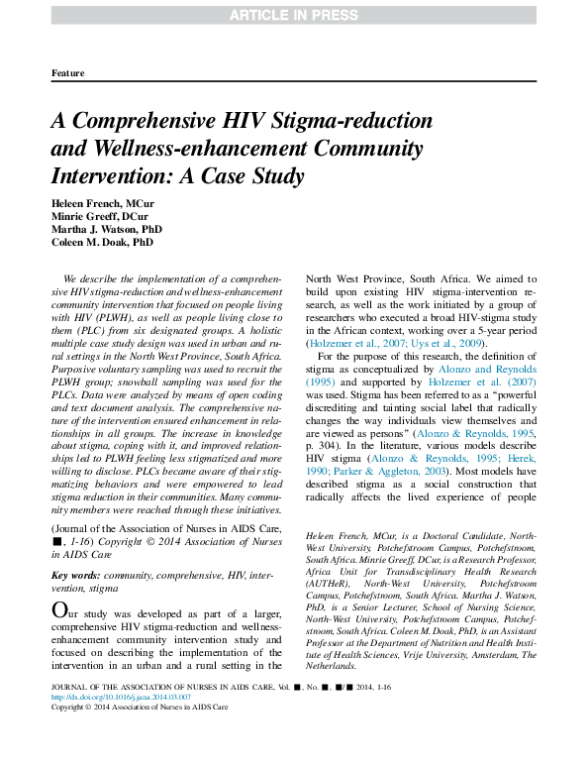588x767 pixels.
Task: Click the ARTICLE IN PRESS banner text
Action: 294,14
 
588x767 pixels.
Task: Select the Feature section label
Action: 67,73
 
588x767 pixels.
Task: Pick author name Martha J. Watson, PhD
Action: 107,228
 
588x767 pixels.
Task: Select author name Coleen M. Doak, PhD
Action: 102,241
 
